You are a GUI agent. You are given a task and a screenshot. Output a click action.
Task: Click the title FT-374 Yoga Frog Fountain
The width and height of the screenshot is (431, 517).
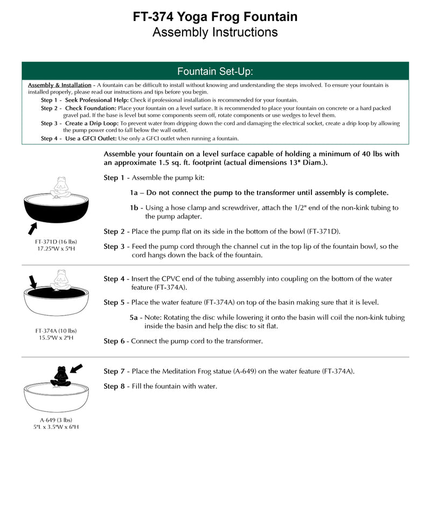215,17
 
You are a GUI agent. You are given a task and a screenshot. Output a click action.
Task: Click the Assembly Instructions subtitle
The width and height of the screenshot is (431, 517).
215,32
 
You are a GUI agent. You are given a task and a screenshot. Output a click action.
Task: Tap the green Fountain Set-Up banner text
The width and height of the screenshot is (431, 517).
215,71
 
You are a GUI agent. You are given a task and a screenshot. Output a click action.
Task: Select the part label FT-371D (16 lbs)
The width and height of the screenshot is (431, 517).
56,242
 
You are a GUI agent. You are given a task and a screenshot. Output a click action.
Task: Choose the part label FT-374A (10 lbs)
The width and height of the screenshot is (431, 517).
56,331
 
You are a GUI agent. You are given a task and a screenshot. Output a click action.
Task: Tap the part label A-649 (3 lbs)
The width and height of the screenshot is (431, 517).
56,420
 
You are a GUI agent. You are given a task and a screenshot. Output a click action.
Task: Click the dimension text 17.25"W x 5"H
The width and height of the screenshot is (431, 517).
56,249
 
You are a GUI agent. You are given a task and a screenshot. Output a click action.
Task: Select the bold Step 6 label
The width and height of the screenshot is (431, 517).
114,341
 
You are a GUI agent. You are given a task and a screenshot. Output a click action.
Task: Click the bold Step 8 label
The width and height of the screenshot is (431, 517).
114,386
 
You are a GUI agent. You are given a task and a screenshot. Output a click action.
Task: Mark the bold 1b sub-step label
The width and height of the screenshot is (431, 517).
136,207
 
